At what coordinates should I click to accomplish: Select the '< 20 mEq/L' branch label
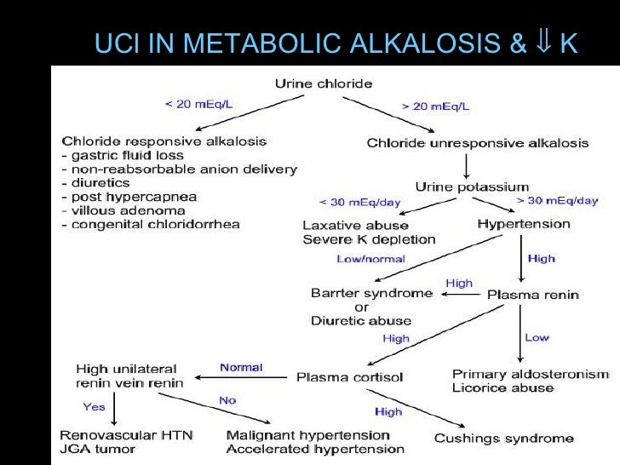click(198, 105)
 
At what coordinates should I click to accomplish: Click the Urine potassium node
click(472, 187)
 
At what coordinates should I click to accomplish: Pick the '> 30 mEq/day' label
click(558, 201)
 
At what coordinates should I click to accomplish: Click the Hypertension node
click(524, 224)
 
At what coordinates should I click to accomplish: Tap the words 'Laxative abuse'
click(356, 226)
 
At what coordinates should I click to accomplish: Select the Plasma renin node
click(532, 295)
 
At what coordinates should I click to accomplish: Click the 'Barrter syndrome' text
click(373, 293)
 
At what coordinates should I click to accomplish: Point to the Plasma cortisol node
click(349, 376)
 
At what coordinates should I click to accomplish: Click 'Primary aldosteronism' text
click(531, 374)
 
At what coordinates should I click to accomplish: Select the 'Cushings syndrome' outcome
click(504, 439)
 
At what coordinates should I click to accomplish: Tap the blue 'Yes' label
click(95, 406)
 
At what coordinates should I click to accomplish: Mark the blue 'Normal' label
click(241, 368)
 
